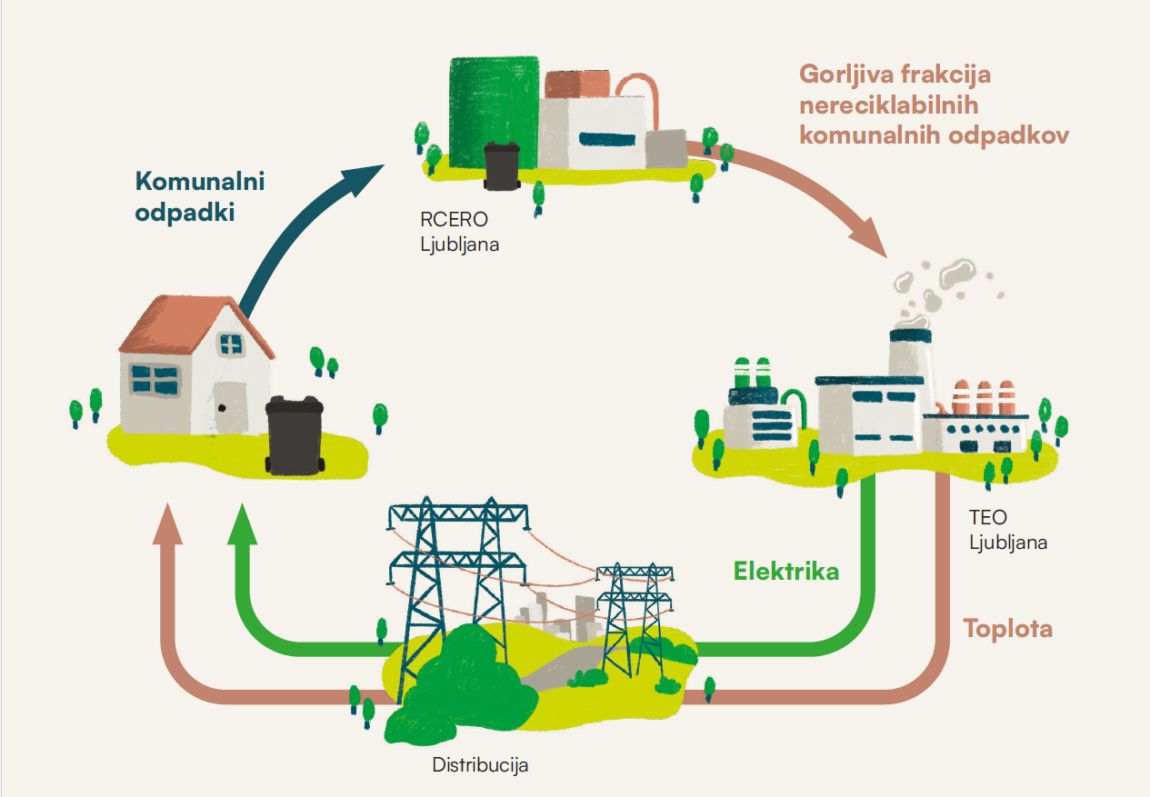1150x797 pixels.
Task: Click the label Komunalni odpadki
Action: click(x=199, y=197)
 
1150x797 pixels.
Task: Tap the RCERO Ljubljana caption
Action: click(x=459, y=232)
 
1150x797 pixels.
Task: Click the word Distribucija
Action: click(x=480, y=764)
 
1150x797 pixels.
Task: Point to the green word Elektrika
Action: click(x=786, y=572)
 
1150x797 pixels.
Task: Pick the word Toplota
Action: click(x=1007, y=628)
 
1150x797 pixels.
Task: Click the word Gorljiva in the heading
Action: click(x=846, y=75)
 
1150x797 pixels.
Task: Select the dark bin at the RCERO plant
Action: click(x=501, y=166)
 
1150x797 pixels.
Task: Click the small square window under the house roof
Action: click(x=231, y=345)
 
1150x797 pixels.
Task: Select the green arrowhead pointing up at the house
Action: click(x=243, y=525)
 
